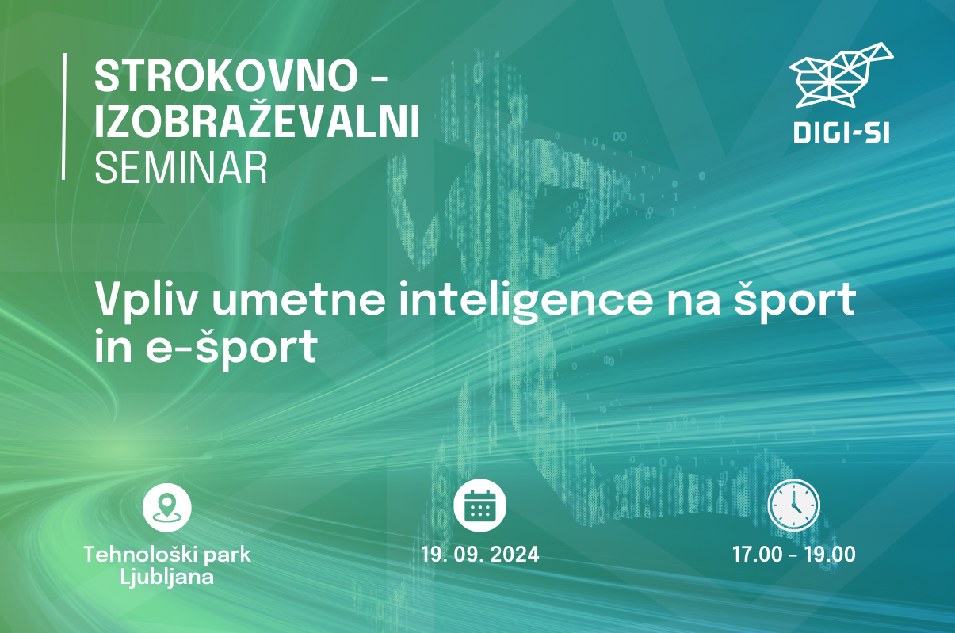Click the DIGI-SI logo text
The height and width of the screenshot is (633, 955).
842,132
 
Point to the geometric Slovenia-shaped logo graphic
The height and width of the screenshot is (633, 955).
842,75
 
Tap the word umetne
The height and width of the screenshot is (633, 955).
299,300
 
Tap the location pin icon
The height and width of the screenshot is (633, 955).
166,507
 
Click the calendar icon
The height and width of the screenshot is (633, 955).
479,505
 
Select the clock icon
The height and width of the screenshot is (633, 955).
793,505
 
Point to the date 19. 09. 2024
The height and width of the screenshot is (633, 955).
480,554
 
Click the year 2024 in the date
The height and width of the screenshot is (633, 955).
514,554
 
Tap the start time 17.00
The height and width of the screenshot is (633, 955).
751,554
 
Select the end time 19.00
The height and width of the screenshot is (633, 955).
830,554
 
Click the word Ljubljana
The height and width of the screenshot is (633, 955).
166,578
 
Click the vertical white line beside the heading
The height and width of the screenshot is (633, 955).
64,116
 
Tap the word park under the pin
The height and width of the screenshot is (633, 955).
227,556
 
